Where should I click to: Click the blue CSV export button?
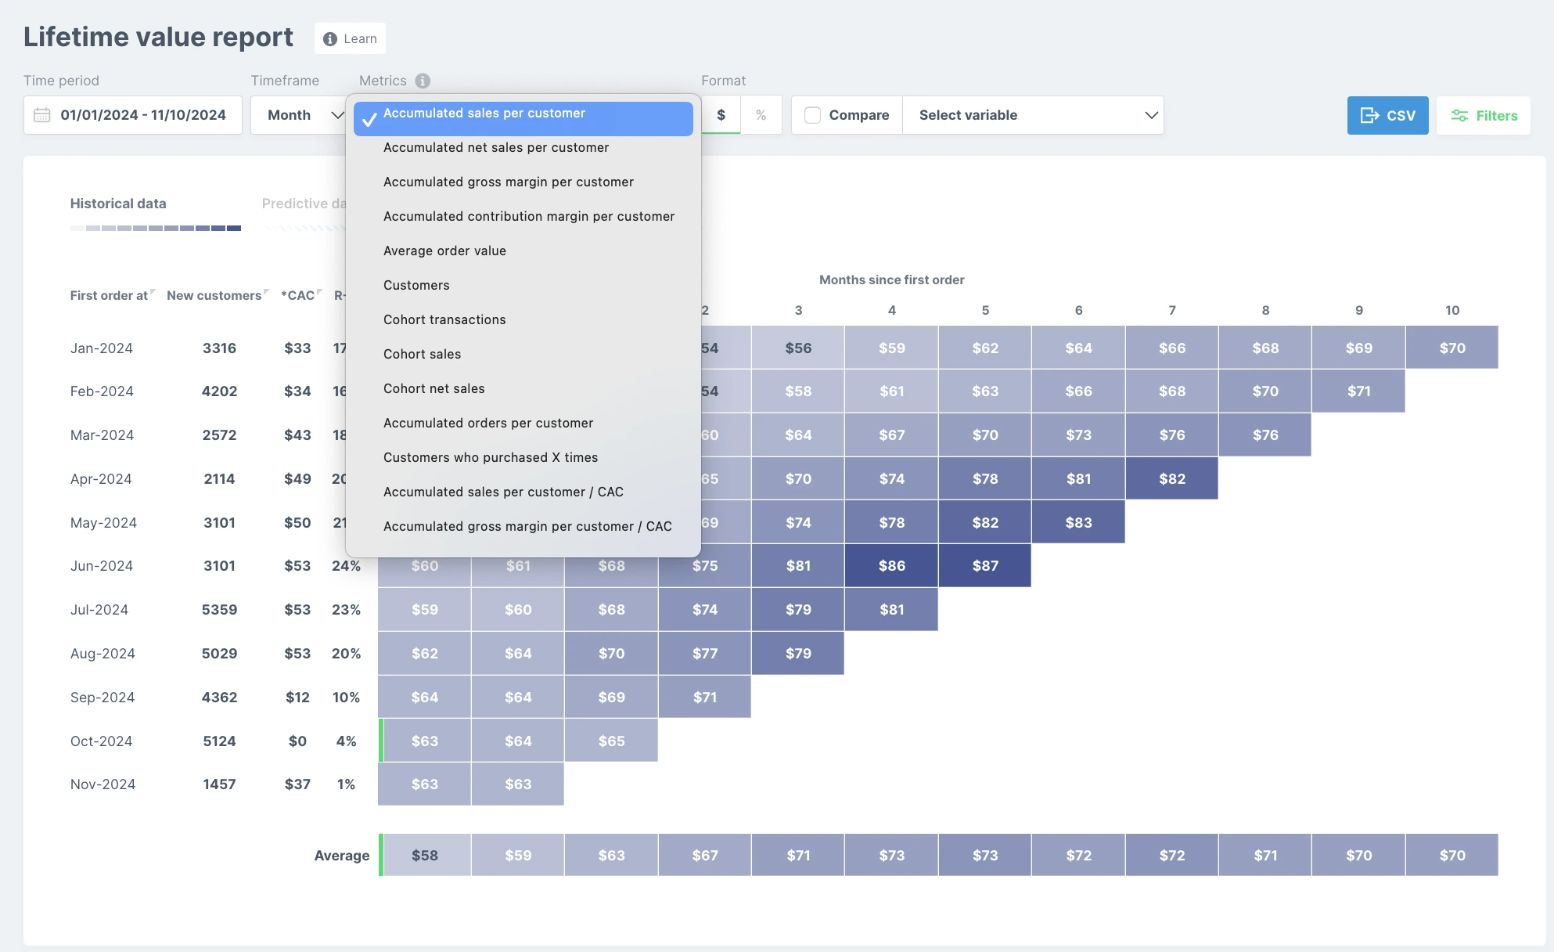(1387, 115)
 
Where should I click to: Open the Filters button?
(1484, 115)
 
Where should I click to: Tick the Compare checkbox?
(813, 115)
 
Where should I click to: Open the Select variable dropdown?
(1033, 115)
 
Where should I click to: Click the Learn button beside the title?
(350, 38)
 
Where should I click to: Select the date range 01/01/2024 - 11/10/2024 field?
(133, 115)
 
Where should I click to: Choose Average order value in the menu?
(444, 251)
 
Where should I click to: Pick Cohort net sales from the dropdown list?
(434, 388)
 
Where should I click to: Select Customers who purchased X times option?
(491, 457)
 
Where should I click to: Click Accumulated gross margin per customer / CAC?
(527, 526)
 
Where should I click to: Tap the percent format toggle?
(761, 115)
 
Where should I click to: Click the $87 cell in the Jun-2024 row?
(985, 565)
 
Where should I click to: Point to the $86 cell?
(892, 565)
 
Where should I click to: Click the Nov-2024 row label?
(103, 784)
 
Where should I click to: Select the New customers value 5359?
(219, 609)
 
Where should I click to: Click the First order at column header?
(109, 295)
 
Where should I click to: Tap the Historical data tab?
(118, 204)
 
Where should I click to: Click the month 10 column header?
(1452, 310)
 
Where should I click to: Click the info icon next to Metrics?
(423, 81)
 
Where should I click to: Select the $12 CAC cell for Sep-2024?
(297, 697)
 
